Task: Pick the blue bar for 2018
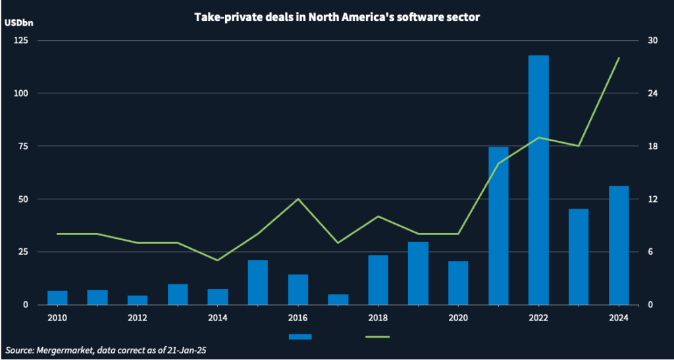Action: (x=378, y=280)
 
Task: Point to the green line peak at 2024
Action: (x=619, y=58)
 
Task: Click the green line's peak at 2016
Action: (x=298, y=199)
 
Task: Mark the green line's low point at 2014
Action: (x=217, y=260)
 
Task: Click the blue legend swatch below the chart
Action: (x=300, y=336)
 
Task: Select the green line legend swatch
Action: (x=377, y=336)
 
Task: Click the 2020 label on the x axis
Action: (x=458, y=317)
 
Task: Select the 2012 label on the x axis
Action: (x=137, y=317)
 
